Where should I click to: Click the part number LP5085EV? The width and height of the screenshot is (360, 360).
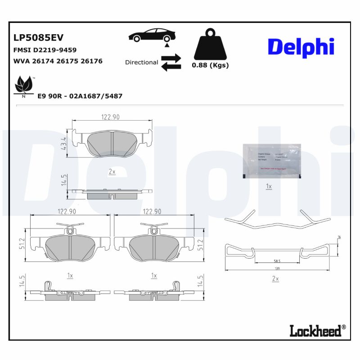[x=38, y=37]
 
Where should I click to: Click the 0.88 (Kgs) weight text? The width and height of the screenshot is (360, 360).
[x=210, y=65]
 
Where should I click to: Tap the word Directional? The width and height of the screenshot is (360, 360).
[x=141, y=63]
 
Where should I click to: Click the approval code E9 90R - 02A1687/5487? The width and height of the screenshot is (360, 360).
[x=80, y=96]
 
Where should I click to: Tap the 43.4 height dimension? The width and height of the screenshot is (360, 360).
[x=64, y=144]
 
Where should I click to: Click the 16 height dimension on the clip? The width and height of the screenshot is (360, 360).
[x=339, y=237]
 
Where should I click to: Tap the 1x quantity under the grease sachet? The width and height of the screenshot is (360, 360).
[x=269, y=186]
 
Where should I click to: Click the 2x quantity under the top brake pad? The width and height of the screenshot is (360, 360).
[x=112, y=172]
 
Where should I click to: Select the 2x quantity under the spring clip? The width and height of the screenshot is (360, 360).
[x=276, y=279]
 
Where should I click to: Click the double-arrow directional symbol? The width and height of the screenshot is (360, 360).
[x=171, y=63]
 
